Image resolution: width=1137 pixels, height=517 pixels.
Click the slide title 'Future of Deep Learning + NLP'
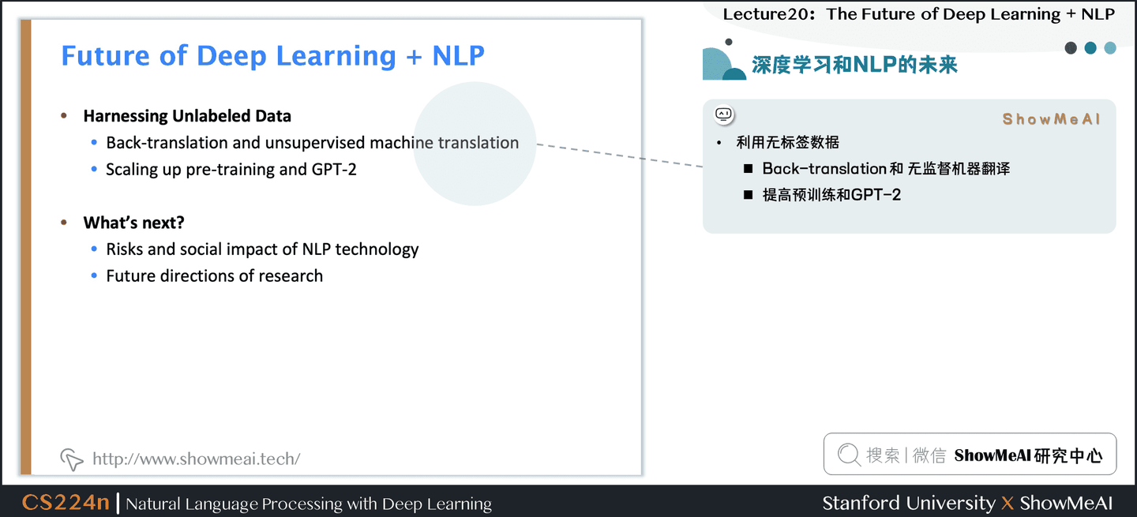(x=272, y=56)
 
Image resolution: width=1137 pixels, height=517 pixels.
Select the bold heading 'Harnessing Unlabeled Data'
(x=187, y=116)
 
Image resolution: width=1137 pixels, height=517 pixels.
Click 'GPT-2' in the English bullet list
(x=333, y=169)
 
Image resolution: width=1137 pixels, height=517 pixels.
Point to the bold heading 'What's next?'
(x=134, y=223)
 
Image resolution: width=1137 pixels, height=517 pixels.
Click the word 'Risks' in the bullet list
(x=125, y=249)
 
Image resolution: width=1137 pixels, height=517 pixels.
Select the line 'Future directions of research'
(x=215, y=275)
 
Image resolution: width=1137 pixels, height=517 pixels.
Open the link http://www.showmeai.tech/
(x=196, y=459)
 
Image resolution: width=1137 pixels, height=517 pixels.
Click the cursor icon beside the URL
(x=72, y=459)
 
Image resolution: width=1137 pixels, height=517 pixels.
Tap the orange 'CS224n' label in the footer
(x=66, y=503)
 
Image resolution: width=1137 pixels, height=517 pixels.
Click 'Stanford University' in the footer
(x=908, y=503)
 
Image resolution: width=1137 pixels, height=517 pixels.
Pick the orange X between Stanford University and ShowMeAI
(x=1007, y=504)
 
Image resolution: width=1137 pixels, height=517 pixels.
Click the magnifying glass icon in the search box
(x=849, y=455)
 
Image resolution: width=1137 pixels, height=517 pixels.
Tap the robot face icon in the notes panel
(x=724, y=114)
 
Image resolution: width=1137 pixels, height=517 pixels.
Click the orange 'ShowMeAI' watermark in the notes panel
(x=1051, y=119)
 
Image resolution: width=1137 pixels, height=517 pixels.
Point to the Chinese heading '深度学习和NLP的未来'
(x=854, y=65)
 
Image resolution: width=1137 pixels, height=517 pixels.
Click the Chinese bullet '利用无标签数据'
(x=787, y=142)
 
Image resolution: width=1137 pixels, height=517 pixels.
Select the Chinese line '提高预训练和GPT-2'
(x=831, y=195)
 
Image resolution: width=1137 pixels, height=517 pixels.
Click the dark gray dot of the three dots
(x=1071, y=48)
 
